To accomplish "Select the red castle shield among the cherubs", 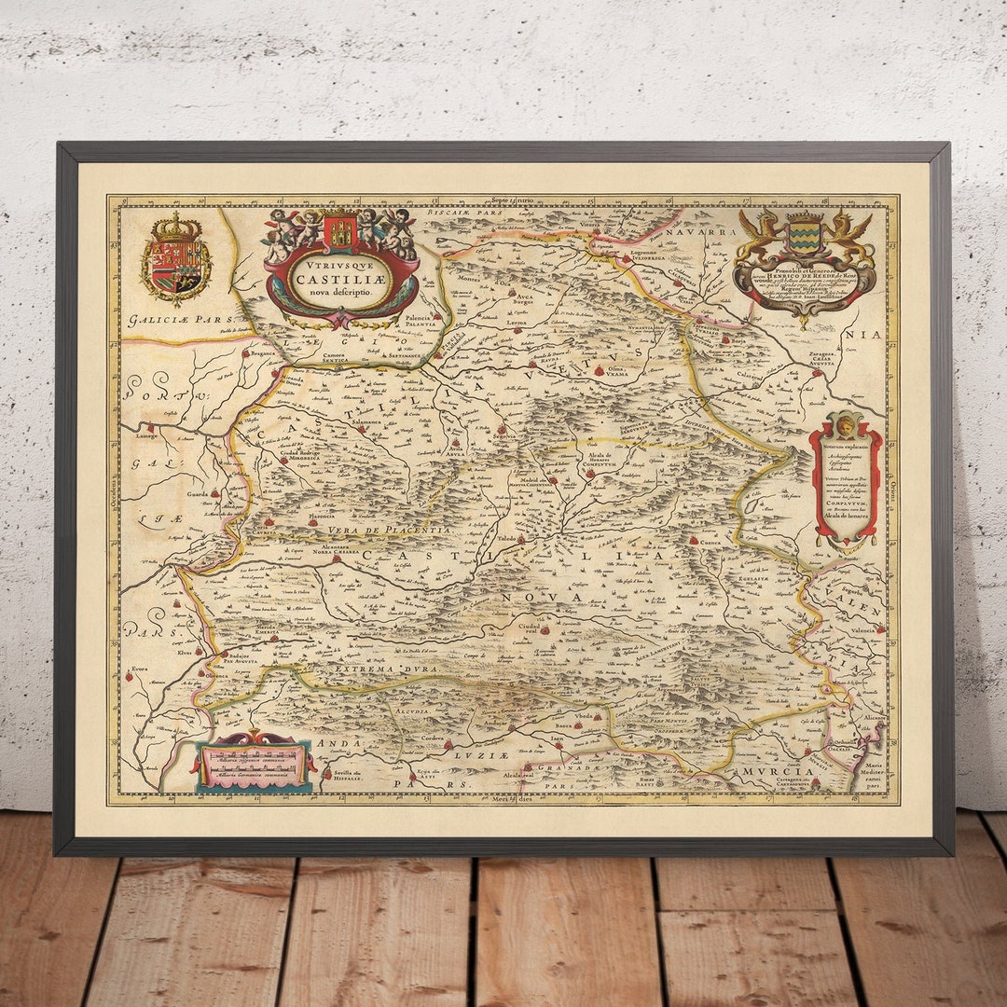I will pyautogui.click(x=340, y=232).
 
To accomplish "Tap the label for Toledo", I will pyautogui.click(x=506, y=540).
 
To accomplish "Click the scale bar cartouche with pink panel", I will pyautogui.click(x=254, y=763).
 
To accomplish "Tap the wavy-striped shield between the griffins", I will pyautogui.click(x=804, y=236).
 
